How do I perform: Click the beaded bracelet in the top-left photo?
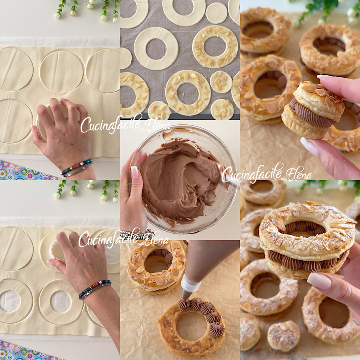click(x=77, y=167)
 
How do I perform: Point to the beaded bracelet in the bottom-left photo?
click(x=94, y=289)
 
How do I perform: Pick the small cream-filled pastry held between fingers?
click(x=313, y=111)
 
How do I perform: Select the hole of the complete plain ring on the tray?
click(x=156, y=49)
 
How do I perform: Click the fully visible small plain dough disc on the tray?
click(x=216, y=13)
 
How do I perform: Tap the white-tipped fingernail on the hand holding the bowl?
click(x=134, y=172)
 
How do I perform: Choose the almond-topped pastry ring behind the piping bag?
click(x=156, y=266)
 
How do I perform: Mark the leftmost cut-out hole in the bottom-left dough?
click(x=10, y=301)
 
